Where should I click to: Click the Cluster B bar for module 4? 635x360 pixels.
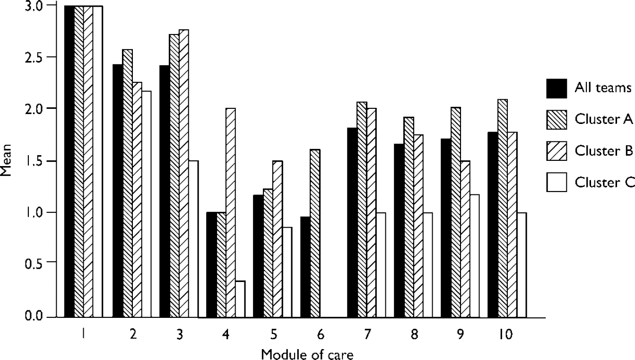231,213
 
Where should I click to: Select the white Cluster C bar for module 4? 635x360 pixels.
240,299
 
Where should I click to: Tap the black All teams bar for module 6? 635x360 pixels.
305,267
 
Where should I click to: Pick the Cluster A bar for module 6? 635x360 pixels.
315,233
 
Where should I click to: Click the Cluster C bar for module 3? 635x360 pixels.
193,239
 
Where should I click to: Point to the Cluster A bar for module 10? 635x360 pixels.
503,208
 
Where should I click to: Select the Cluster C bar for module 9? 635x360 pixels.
475,256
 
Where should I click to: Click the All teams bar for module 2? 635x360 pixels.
118,191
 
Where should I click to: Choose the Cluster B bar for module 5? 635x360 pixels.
278,239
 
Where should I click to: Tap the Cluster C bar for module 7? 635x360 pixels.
381,265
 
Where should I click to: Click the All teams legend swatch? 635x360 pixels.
557,88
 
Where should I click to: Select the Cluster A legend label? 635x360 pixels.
604,119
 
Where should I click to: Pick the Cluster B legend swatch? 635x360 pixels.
557,151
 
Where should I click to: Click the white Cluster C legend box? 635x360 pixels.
557,182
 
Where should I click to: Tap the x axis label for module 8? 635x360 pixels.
414,335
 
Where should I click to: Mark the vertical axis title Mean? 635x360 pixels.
6,160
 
